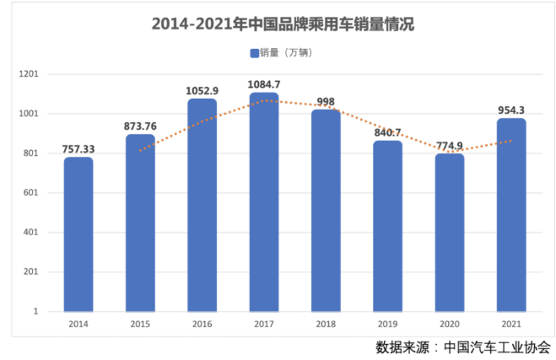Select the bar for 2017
click(x=264, y=202)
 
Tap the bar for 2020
click(x=450, y=232)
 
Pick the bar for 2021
click(x=511, y=214)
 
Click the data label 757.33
click(x=78, y=149)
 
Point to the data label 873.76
click(x=141, y=126)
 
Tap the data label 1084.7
click(x=264, y=85)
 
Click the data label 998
click(x=326, y=102)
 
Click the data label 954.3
click(x=511, y=110)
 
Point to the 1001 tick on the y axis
click(x=30, y=114)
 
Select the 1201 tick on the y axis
click(x=30, y=74)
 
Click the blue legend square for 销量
click(x=254, y=53)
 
